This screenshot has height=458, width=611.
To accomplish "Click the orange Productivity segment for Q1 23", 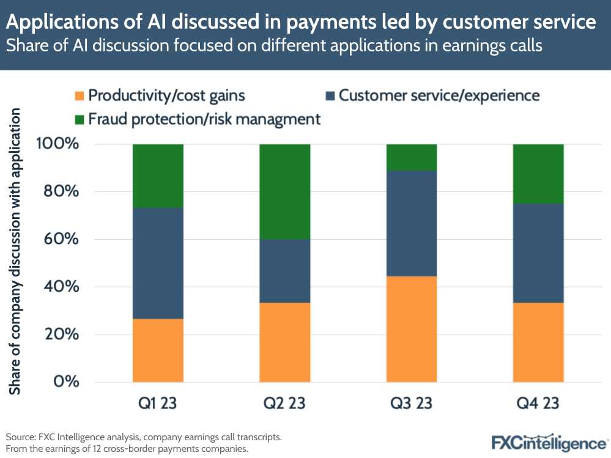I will point(158,350).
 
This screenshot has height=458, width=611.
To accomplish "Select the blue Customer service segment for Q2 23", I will point(285,271).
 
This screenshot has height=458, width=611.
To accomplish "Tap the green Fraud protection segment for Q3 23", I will point(412,157).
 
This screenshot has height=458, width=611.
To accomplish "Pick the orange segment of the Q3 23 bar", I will point(412,329).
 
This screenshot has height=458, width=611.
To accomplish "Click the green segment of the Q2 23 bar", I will point(285,191).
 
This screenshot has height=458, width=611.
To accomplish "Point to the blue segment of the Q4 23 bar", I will point(538,253).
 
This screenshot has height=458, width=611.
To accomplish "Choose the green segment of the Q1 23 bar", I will point(158,175).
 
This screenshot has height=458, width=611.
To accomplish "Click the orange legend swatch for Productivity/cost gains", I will point(79,96).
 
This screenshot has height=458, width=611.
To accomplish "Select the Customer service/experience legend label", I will point(439,95).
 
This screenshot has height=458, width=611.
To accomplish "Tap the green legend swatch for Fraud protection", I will point(79,119).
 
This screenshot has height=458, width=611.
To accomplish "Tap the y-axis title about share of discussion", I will point(17,251).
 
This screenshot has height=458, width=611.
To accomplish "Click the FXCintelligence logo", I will point(549,442).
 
